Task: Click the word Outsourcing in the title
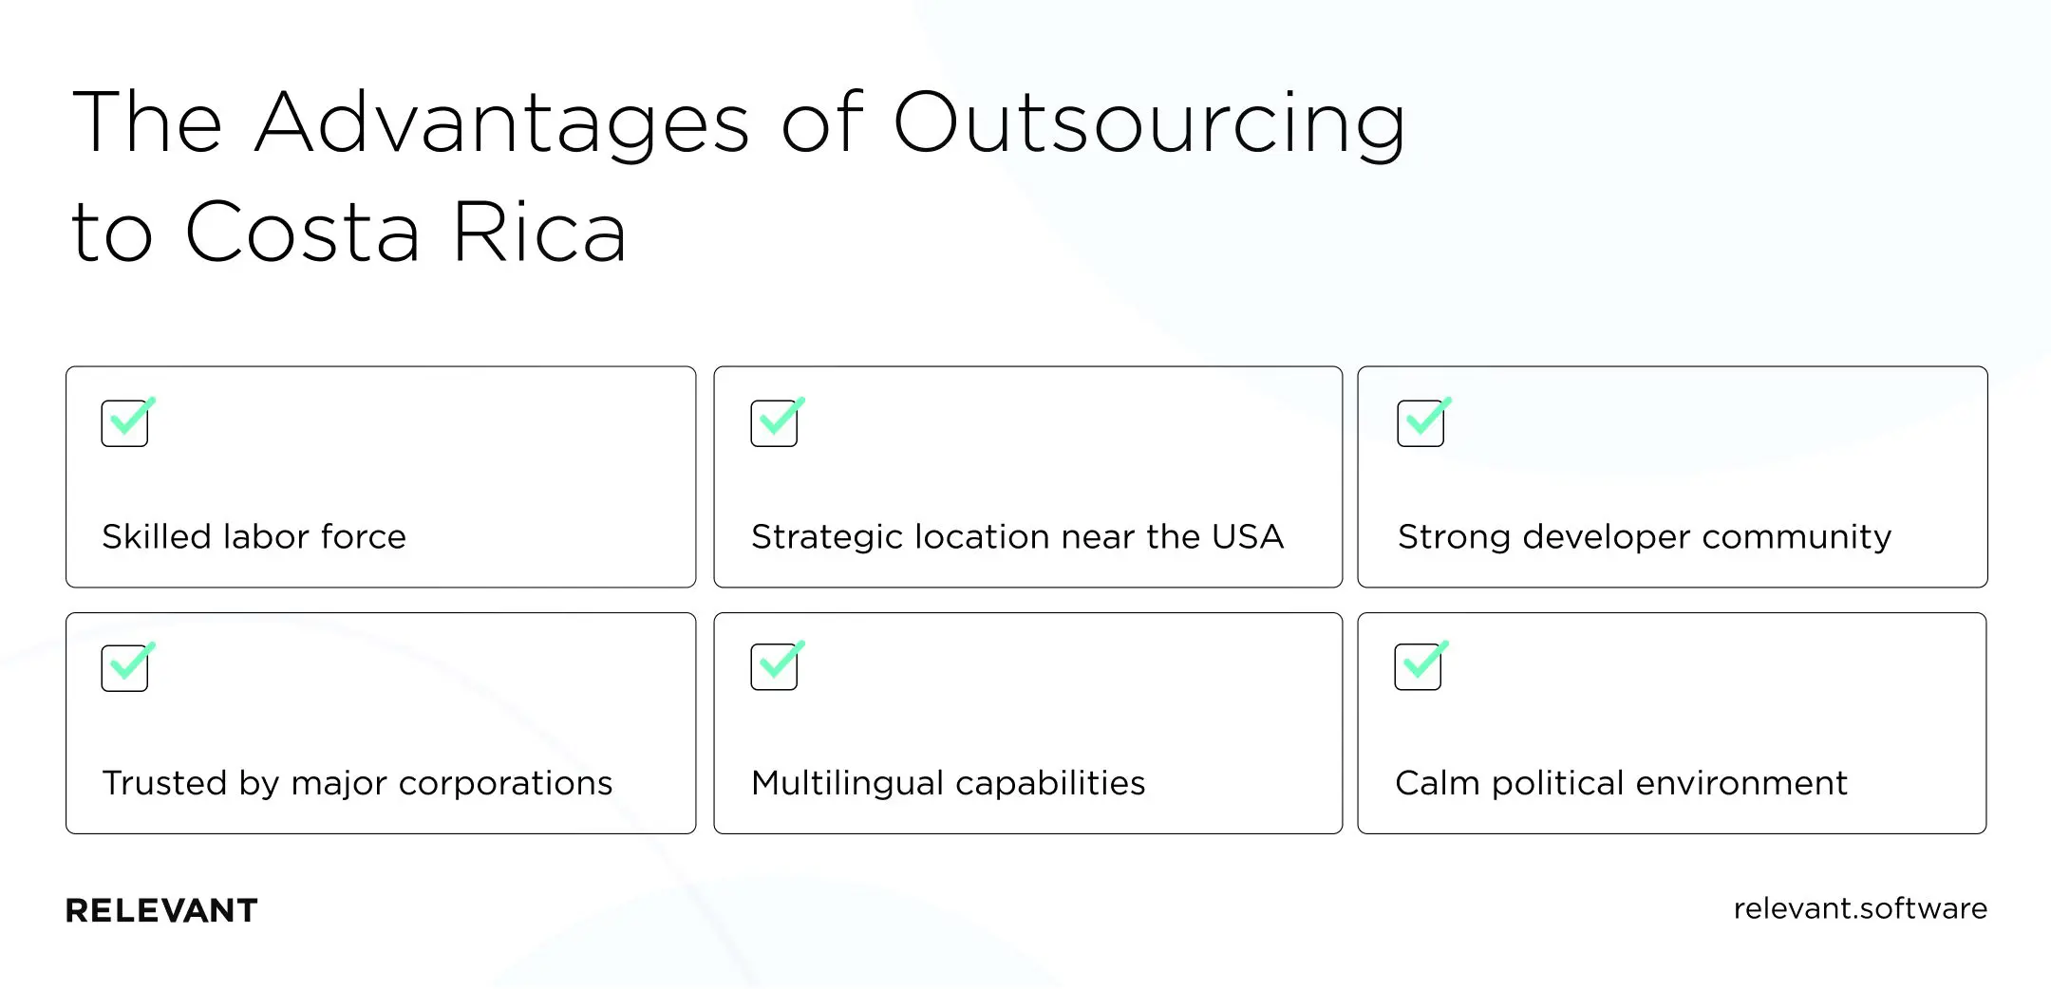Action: (1149, 123)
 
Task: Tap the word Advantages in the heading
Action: (502, 123)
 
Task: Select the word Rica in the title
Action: (539, 233)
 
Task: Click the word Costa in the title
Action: (302, 233)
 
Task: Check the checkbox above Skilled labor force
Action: (125, 423)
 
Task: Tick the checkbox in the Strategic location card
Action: (775, 423)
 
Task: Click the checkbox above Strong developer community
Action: (1421, 423)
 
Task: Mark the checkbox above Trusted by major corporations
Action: (125, 668)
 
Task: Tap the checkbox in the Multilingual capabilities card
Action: (775, 667)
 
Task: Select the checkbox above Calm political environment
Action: (1419, 667)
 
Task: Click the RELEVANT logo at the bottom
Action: (161, 911)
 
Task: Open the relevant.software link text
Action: (1859, 908)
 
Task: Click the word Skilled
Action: (157, 537)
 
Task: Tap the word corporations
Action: (505, 783)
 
